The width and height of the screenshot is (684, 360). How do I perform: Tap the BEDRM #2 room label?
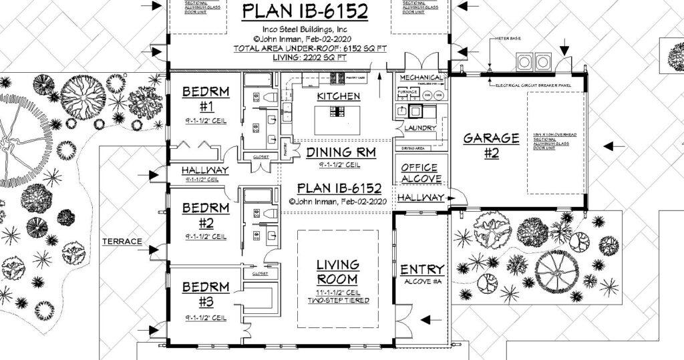[205, 215]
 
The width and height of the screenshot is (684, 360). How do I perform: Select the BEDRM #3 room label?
[205, 294]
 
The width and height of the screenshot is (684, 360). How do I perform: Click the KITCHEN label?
[338, 96]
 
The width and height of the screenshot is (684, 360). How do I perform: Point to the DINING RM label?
[341, 152]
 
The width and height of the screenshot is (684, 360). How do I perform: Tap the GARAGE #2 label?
[491, 145]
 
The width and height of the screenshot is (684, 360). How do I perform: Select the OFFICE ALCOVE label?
[420, 173]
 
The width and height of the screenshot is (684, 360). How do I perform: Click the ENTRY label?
[422, 269]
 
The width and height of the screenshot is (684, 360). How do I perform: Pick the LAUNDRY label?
[420, 128]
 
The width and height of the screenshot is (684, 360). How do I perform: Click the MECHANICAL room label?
[420, 77]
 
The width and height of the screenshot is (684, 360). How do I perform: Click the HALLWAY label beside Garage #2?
[420, 198]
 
